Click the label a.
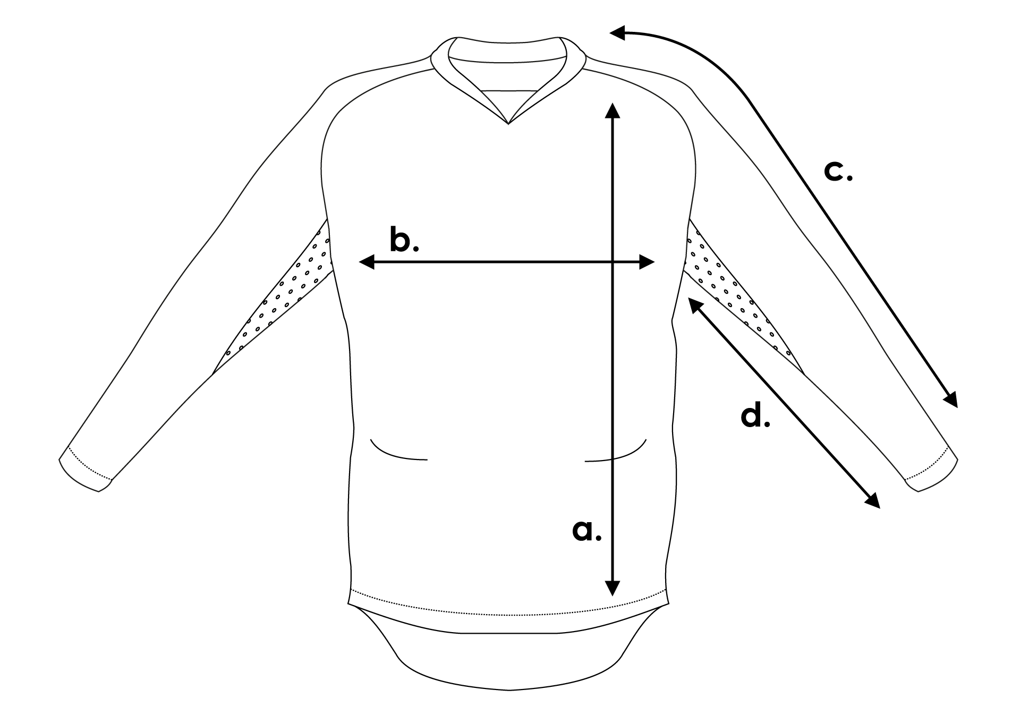click(586, 531)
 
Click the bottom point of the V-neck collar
click(508, 124)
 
